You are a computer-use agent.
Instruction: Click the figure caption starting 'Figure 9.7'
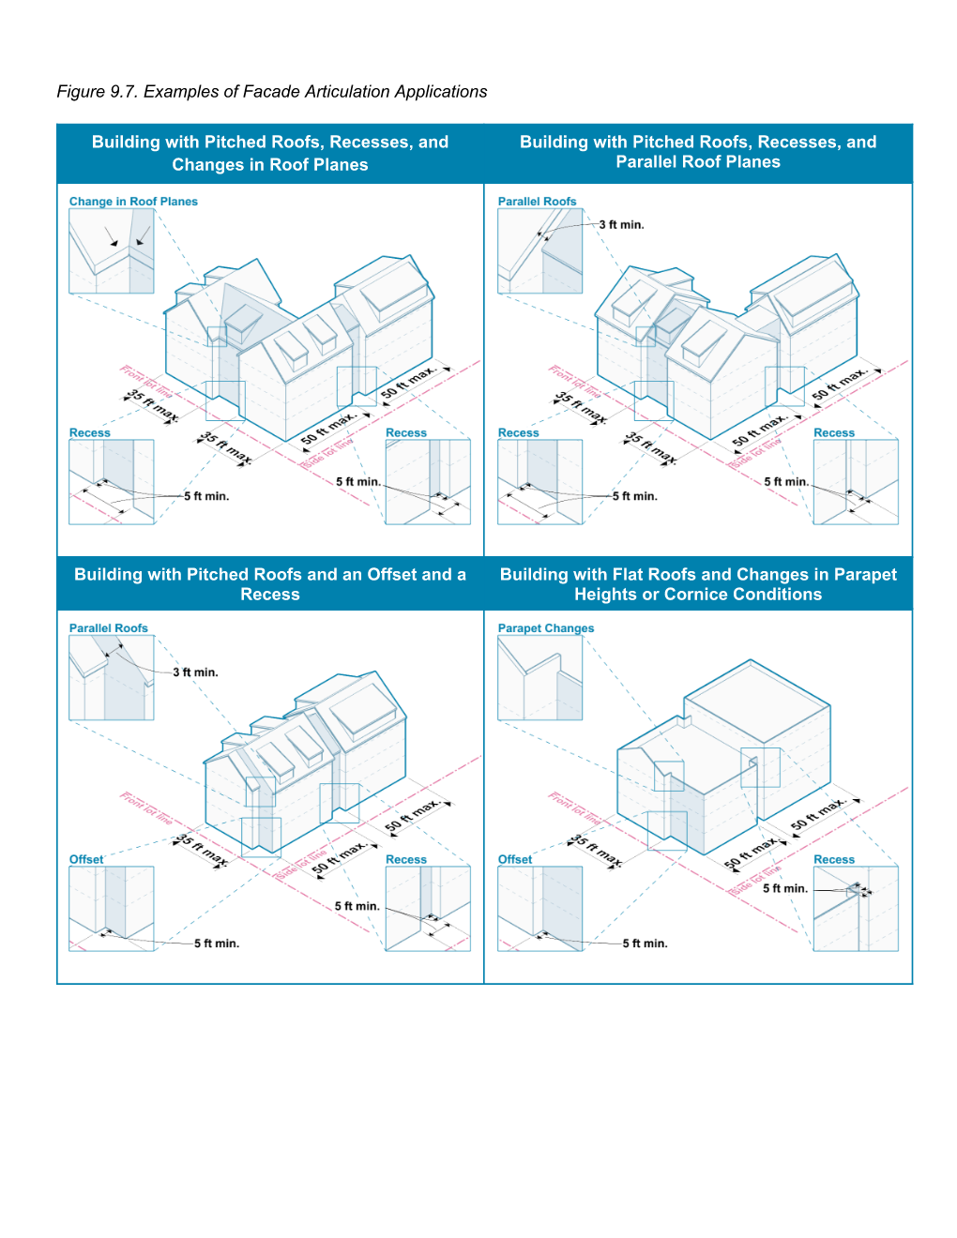point(271,92)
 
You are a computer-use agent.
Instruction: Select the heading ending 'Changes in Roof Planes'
point(270,153)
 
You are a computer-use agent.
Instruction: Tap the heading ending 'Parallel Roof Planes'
point(698,152)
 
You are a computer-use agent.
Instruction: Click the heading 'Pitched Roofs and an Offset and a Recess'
point(270,583)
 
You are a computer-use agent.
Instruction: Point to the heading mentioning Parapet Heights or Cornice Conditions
point(698,583)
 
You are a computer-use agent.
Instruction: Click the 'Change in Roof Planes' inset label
point(133,202)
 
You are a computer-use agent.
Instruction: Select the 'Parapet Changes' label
point(545,628)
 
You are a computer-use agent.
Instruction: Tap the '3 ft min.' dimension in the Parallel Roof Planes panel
point(621,225)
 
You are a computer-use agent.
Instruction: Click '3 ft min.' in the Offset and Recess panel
point(195,672)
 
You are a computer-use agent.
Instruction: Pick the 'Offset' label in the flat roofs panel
point(514,859)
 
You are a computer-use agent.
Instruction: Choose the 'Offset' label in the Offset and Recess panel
point(86,859)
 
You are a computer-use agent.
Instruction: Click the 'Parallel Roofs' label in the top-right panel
point(537,202)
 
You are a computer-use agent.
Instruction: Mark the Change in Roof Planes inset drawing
point(112,250)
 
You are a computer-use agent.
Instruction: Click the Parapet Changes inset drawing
point(539,677)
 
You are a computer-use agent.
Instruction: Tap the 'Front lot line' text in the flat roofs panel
point(573,808)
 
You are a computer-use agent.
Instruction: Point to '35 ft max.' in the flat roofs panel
point(596,850)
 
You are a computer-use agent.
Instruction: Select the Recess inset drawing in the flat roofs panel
point(855,908)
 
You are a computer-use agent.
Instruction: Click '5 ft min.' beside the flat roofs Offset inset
point(645,944)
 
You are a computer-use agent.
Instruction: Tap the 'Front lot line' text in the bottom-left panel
point(145,808)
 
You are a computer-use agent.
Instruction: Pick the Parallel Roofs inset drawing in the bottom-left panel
point(112,677)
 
